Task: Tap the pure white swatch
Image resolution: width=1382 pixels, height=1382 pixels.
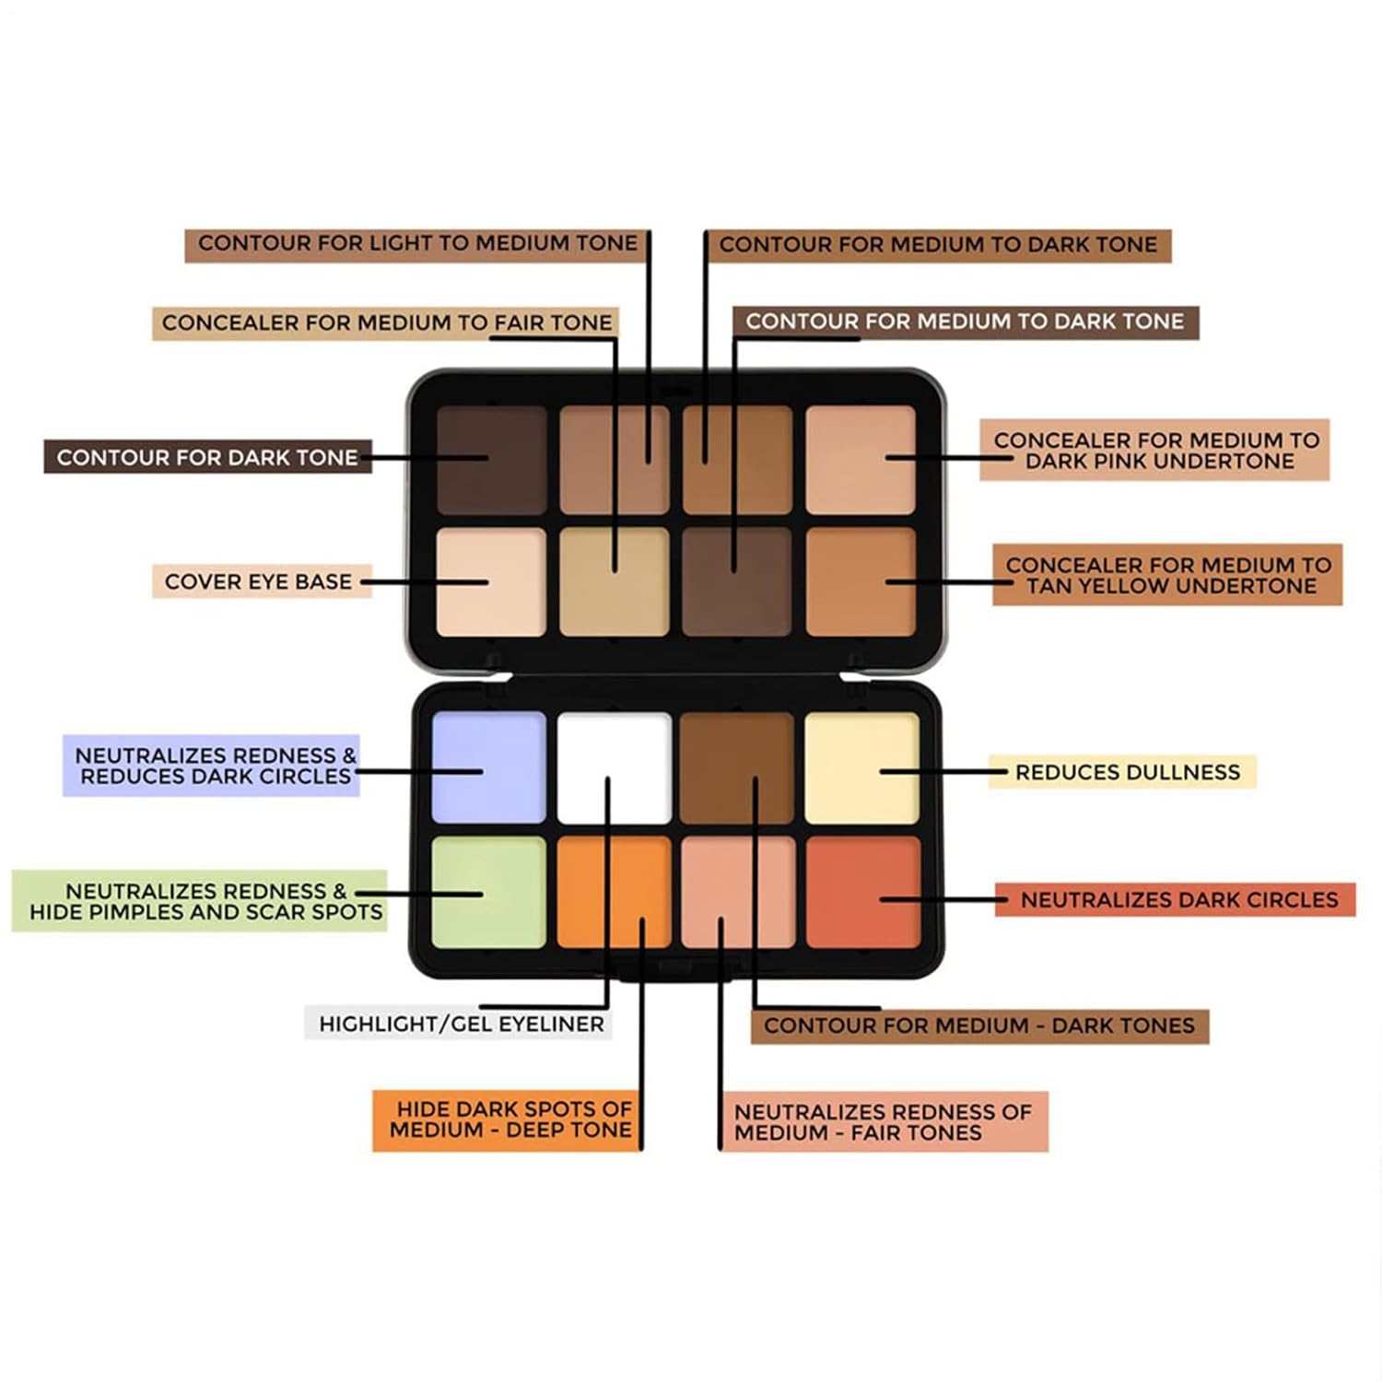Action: (x=615, y=767)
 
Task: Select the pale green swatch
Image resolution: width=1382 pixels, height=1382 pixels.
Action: (x=488, y=891)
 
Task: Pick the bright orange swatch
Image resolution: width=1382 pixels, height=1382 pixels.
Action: (x=615, y=891)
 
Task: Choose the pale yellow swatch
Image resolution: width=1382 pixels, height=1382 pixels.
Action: (x=862, y=767)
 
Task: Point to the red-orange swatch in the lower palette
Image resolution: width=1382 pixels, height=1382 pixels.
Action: (x=862, y=891)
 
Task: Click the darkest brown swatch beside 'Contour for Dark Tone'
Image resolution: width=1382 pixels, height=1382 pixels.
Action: (x=491, y=459)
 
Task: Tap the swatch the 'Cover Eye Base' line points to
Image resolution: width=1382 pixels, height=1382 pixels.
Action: (x=491, y=581)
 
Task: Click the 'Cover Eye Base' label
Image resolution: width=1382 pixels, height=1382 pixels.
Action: (x=261, y=581)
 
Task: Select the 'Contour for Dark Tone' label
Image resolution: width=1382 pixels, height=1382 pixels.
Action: (x=207, y=457)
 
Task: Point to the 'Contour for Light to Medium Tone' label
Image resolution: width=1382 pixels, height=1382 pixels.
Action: (x=416, y=244)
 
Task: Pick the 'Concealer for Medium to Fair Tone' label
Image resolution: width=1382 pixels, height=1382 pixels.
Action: (x=385, y=322)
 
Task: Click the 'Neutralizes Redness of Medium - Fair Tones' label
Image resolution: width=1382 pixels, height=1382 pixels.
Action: (x=884, y=1122)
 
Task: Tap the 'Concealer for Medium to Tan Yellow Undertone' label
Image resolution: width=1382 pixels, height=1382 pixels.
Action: (x=1167, y=575)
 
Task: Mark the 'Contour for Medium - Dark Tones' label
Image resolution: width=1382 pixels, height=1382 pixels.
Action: (x=978, y=1025)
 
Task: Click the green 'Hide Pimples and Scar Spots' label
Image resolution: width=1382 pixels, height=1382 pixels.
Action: (x=200, y=901)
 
